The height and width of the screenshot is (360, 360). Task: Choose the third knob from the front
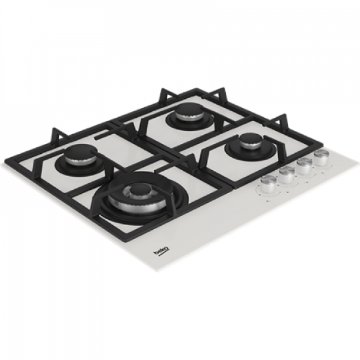coord(303,165)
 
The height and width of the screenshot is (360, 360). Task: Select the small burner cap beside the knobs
coord(248,139)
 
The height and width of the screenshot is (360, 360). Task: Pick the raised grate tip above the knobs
coord(283,120)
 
